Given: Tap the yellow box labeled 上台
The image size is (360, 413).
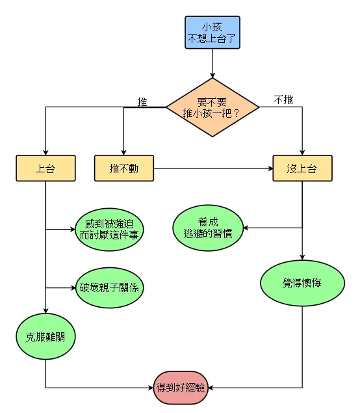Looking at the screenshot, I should pos(45,168).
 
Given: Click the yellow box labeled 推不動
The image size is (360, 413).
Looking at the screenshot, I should pos(123,168).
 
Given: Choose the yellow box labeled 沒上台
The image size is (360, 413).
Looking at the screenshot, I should pos(302,168).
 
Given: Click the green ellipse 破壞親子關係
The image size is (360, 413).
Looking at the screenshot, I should pos(109,287).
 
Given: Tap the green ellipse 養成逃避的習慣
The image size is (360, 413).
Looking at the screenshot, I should pos(207,228).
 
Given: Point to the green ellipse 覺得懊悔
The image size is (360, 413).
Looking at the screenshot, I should pos(302,284).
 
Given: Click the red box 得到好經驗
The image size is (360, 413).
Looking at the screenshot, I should pos(181,388).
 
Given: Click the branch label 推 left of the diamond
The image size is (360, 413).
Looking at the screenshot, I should pos(142,101).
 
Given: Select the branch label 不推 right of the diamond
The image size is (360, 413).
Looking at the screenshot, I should pos(283,100).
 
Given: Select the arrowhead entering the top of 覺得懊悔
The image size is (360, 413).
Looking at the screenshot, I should pos(302,258).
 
